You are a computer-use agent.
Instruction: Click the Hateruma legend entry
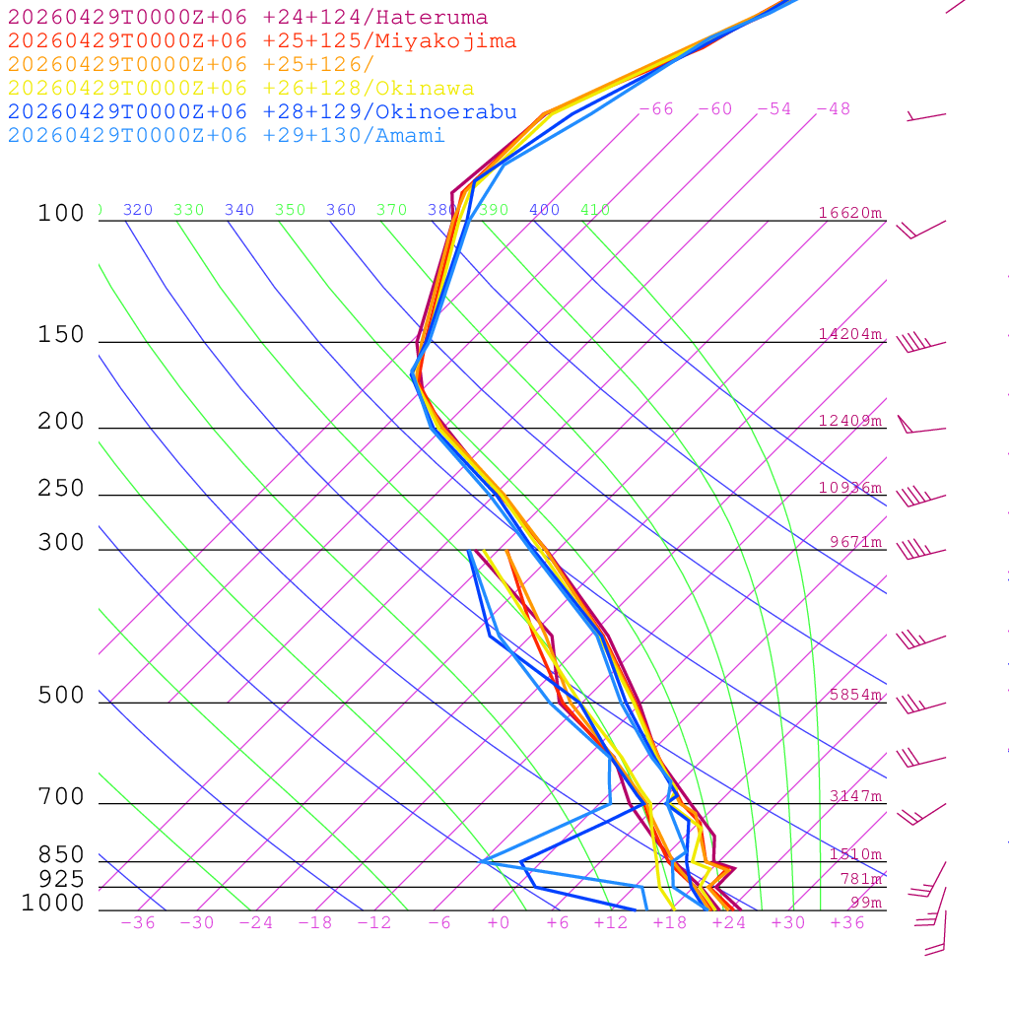point(247,18)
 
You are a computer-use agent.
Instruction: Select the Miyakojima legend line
point(261,41)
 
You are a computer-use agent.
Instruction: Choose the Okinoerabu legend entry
point(261,112)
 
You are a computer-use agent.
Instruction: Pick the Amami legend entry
point(226,136)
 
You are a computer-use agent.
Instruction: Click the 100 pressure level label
point(61,214)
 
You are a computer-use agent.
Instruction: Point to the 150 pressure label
point(61,335)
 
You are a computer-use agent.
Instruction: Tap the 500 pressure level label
point(61,696)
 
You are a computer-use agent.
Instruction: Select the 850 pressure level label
point(61,854)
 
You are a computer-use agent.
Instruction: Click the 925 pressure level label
point(61,878)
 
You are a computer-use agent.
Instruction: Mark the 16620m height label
point(850,213)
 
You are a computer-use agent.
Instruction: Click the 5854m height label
point(855,695)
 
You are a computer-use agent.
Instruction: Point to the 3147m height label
point(855,796)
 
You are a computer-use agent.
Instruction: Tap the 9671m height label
point(855,542)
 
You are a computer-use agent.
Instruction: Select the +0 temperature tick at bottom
point(498,922)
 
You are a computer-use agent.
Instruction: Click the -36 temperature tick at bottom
point(137,922)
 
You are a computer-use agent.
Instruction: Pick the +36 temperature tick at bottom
point(846,922)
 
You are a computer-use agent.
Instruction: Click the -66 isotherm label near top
point(655,108)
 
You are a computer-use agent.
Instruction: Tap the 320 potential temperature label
point(138,210)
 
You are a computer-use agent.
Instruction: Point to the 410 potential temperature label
point(595,210)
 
